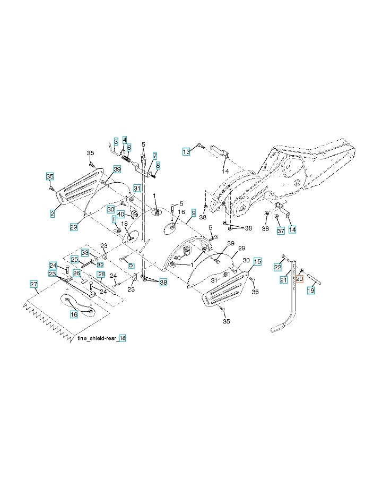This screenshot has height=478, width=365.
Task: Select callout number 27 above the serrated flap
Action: [x=34, y=284]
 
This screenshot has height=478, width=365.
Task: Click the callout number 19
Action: [x=311, y=290]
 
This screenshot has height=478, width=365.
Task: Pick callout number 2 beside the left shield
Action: [x=53, y=213]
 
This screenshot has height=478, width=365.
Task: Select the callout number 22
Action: [x=278, y=266]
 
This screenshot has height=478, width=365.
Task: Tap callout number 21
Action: [x=283, y=279]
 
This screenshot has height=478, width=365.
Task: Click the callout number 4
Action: [x=125, y=139]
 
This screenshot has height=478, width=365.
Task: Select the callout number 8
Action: [x=158, y=166]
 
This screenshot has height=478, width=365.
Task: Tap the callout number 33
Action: [x=85, y=252]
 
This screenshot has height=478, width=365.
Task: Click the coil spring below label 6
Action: [x=126, y=158]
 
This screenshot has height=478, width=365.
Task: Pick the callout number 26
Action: [x=76, y=273]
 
